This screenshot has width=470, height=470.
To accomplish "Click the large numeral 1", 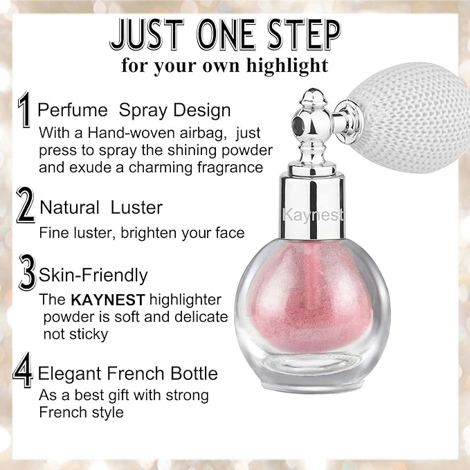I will (x=25, y=111).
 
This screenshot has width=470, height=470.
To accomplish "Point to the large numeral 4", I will (x=24, y=373).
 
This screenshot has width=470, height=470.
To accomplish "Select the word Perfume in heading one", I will (x=72, y=110).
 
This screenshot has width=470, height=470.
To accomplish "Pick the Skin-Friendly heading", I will (x=93, y=275).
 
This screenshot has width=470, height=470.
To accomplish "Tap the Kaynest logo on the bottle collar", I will (x=313, y=215).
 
